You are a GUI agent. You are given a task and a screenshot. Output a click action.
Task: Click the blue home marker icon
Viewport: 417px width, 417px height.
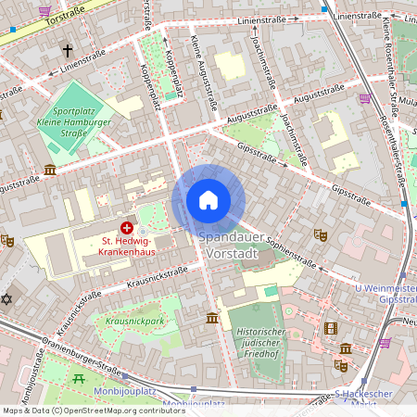208,200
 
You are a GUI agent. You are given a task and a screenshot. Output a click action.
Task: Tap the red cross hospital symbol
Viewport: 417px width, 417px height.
126,228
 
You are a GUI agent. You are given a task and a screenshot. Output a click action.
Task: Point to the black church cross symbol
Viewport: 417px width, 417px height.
67,49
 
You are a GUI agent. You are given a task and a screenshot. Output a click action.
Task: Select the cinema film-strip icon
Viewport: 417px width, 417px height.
331,328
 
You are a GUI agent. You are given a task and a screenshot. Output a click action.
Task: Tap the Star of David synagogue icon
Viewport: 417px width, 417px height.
8,300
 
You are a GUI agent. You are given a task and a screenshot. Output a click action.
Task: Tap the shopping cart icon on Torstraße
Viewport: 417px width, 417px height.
44,10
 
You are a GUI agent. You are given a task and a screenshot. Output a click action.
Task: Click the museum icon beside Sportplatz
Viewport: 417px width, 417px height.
49,171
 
